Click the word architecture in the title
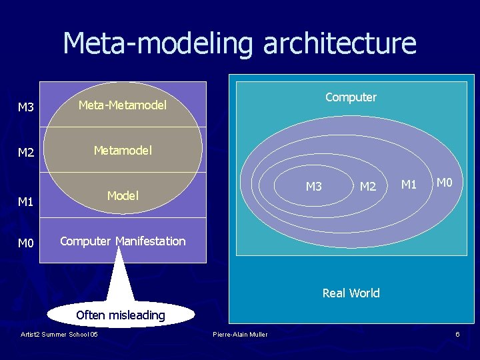click(x=340, y=44)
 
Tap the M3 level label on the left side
click(x=26, y=107)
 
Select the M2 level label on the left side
click(x=26, y=153)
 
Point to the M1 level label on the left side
click(x=26, y=201)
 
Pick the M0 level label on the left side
click(x=26, y=243)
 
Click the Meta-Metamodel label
click(x=122, y=105)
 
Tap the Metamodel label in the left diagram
click(x=123, y=151)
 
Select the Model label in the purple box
click(x=123, y=195)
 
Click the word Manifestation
click(x=151, y=241)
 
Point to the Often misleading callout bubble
click(x=120, y=315)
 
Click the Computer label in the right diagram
click(x=351, y=97)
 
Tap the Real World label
click(x=351, y=293)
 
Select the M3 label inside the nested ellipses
click(x=313, y=187)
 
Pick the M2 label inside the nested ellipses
click(x=368, y=187)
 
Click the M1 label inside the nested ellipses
click(x=409, y=183)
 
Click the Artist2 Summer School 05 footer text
click(x=59, y=334)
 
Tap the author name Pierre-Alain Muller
click(x=240, y=334)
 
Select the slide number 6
click(x=457, y=334)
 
